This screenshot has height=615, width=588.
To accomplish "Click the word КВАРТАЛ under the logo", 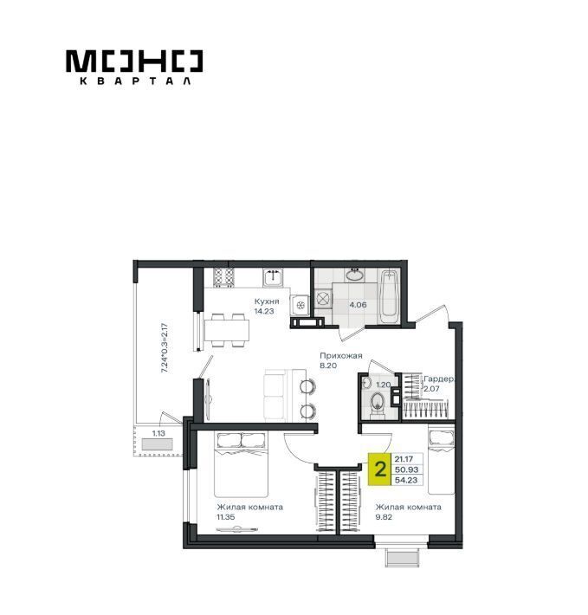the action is click(x=136, y=81).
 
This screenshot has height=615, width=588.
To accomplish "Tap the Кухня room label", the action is click(x=267, y=301).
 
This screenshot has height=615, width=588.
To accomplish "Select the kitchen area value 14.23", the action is click(x=264, y=312).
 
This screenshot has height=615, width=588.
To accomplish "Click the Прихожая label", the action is click(x=341, y=356).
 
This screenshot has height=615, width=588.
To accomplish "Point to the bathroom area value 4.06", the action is click(x=358, y=304).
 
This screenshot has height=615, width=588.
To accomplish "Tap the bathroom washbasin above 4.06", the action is click(x=356, y=275).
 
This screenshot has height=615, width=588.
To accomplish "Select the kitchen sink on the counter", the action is click(x=274, y=278).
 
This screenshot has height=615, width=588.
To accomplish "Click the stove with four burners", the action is click(x=223, y=277).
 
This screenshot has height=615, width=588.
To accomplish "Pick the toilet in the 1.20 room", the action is click(x=378, y=403).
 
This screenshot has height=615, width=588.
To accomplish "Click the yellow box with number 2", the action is click(x=379, y=469).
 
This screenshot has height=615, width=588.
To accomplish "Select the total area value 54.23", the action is click(x=406, y=480).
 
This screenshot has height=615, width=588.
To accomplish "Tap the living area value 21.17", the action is click(x=404, y=459).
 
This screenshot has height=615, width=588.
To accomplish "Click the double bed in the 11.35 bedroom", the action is click(x=241, y=464).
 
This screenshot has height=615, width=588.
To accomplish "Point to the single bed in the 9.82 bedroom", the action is click(x=442, y=460).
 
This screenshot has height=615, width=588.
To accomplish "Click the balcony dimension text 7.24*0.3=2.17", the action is click(x=165, y=347).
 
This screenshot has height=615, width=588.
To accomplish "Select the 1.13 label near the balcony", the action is click(x=158, y=433).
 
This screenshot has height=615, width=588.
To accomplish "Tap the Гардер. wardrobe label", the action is click(x=439, y=379).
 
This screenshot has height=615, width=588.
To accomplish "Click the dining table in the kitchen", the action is click(x=227, y=330).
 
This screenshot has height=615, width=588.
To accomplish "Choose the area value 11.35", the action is click(x=226, y=517).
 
